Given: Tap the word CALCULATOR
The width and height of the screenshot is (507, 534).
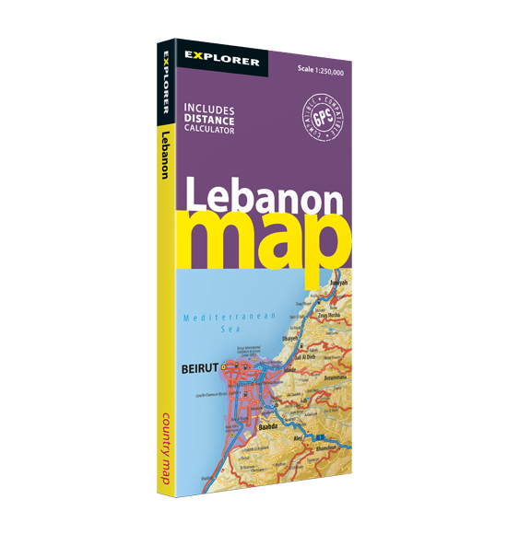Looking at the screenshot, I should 209,130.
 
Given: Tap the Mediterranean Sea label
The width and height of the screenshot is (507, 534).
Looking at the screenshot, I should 230,321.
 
